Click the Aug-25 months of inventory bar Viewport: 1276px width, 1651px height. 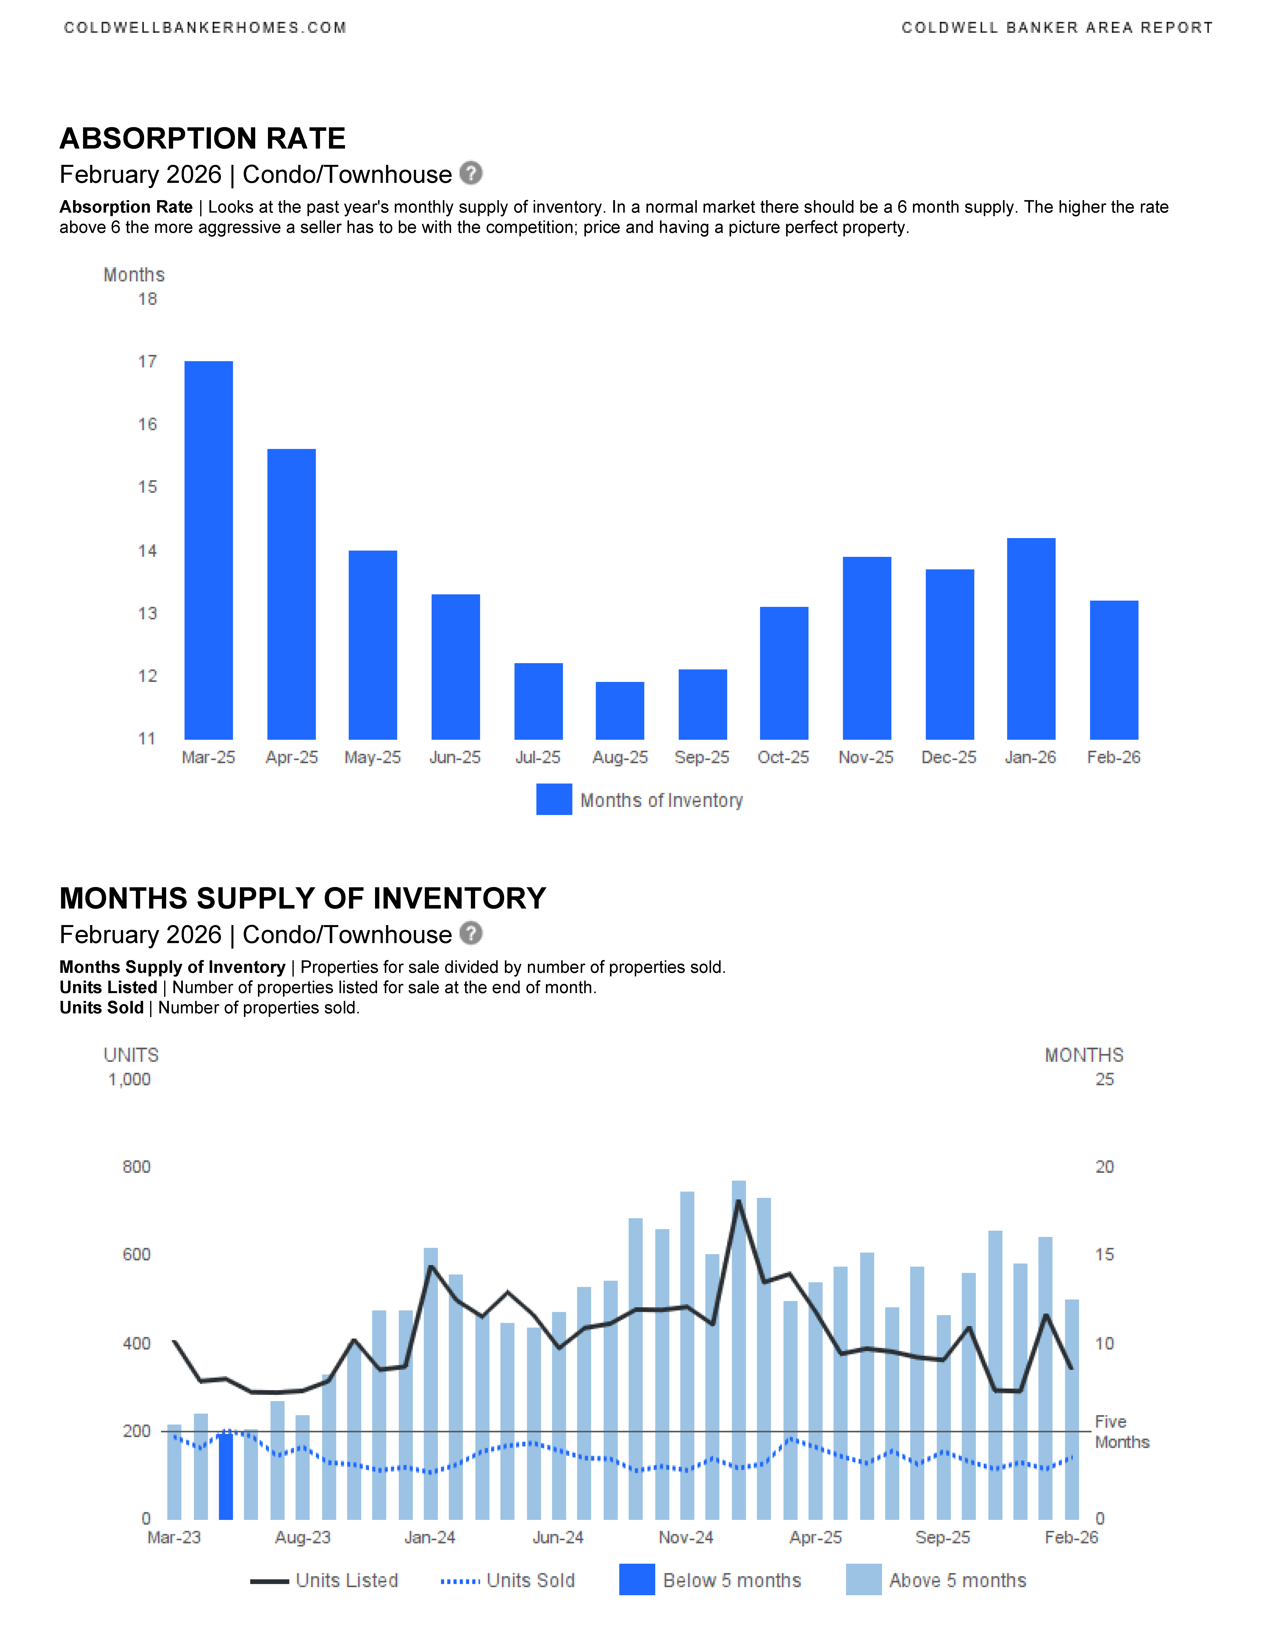[x=620, y=711]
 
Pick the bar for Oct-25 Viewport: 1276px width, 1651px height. [x=784, y=673]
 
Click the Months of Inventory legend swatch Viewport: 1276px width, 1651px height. [x=554, y=800]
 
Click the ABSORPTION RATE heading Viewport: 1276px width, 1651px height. [x=203, y=138]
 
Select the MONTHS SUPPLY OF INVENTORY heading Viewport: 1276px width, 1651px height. [x=302, y=898]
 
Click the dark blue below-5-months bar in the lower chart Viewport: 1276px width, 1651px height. [x=225, y=1476]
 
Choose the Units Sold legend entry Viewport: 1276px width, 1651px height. [x=508, y=1581]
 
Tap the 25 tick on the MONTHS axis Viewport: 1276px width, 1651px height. [x=1104, y=1079]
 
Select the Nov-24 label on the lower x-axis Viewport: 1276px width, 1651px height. [x=686, y=1538]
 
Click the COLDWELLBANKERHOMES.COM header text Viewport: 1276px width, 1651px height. [x=205, y=28]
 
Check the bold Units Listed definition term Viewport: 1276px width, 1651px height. [x=108, y=987]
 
